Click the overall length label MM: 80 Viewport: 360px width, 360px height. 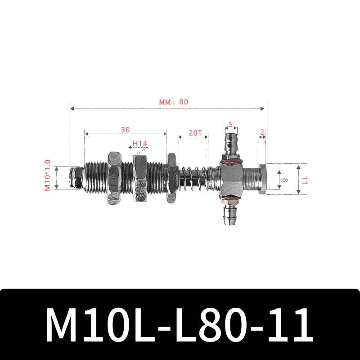tap(173, 102)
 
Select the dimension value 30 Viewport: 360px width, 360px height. tap(125, 130)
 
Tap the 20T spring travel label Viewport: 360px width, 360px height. tap(195, 133)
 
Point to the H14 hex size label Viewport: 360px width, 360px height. tap(139, 144)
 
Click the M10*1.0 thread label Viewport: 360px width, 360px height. tap(48, 175)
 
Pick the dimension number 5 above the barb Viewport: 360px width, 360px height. tap(230, 125)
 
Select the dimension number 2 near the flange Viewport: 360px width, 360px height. tap(262, 132)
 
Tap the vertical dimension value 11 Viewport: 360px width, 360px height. tap(305, 180)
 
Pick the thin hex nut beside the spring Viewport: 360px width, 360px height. tap(171, 179)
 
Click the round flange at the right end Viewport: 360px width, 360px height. tap(263, 179)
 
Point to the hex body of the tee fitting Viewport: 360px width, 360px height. tap(230, 179)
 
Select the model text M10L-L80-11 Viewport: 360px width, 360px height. tap(180, 325)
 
